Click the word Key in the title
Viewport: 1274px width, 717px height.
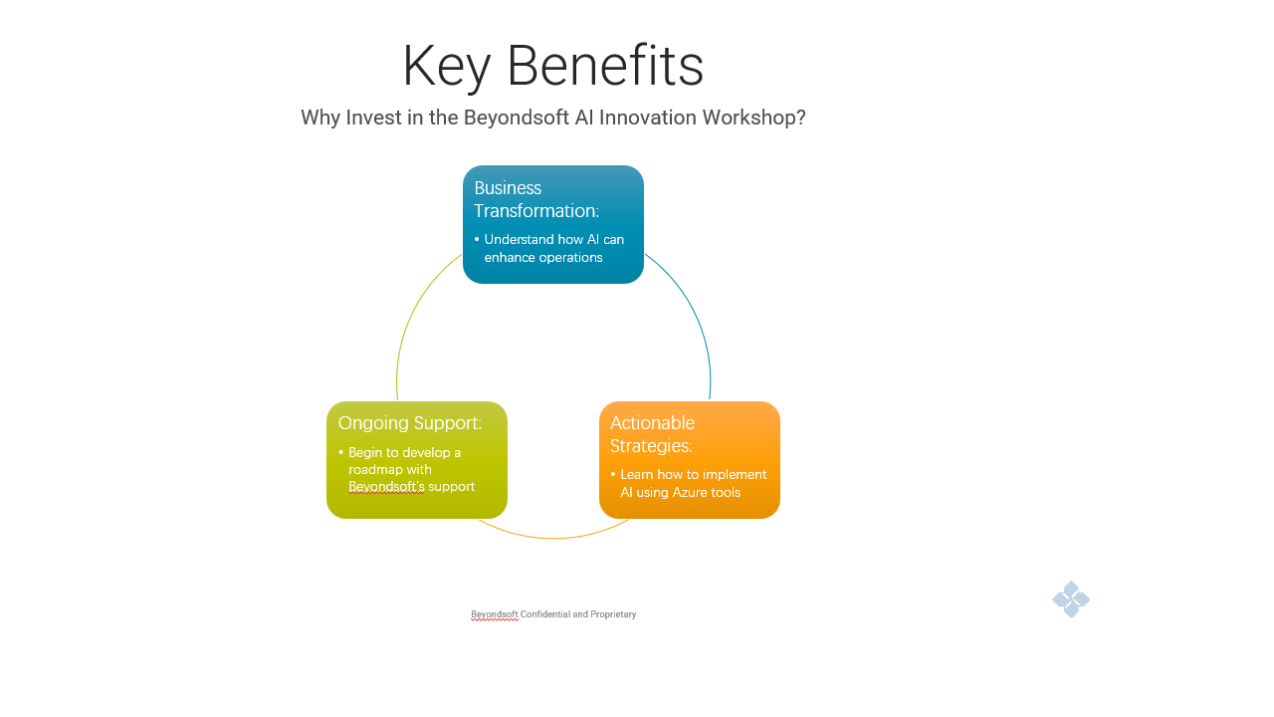(x=447, y=67)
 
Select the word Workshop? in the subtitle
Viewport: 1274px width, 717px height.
(x=753, y=118)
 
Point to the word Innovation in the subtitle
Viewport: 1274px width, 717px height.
(x=647, y=118)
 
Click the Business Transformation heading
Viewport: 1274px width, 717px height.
(x=536, y=199)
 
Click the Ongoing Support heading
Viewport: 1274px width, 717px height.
(x=409, y=423)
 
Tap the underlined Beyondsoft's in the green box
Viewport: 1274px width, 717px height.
(x=386, y=487)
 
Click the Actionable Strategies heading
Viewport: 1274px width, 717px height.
(x=652, y=434)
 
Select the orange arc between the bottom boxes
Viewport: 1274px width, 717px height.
(x=553, y=537)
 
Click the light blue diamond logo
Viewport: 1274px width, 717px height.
(x=1070, y=599)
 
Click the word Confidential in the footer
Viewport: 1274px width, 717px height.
(x=544, y=614)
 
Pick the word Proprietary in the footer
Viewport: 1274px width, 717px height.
(x=613, y=614)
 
